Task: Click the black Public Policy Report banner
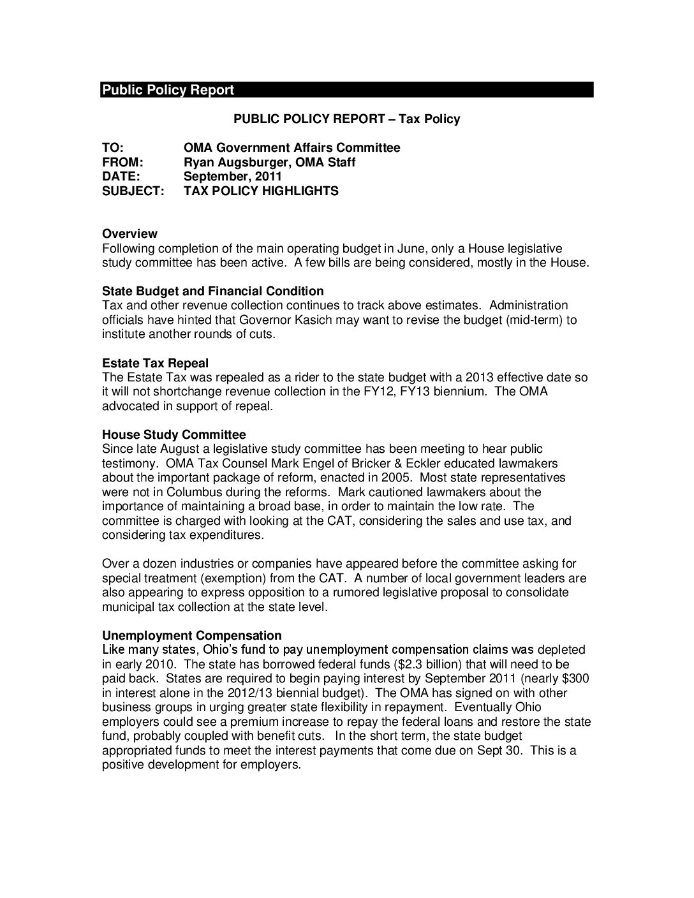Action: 346,90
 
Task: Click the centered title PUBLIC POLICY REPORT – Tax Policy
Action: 346,119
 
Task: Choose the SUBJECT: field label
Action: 133,191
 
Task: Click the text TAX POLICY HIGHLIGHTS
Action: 261,191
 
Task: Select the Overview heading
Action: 129,234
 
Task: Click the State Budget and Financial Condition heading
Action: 212,291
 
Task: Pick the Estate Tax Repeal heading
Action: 155,364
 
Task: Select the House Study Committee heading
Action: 173,435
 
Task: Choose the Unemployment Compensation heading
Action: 191,636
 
